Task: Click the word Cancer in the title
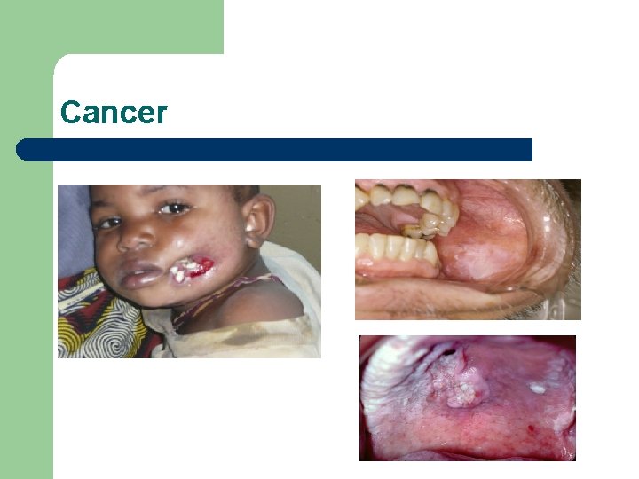[x=114, y=113]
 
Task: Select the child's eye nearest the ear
[x=174, y=209]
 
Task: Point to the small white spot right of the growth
[x=537, y=388]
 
